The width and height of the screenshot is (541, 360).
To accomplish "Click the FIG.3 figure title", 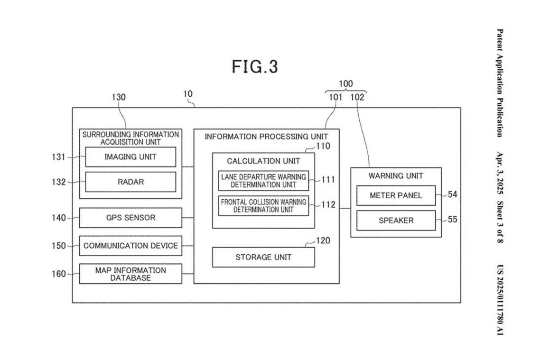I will coord(255,66).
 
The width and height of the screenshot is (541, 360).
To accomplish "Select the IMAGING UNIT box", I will coord(131,157).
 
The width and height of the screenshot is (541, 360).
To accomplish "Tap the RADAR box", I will coord(131,182).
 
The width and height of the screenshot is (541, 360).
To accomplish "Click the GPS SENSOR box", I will coord(131,218).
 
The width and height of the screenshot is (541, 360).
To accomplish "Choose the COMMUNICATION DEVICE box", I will coord(131,246).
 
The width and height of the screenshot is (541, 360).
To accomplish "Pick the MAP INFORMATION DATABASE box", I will coord(131,274).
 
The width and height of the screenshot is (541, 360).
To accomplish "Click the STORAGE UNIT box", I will coord(263,257).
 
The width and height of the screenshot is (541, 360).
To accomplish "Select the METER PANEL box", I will coord(396,195).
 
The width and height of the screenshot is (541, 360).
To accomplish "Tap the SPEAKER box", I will coord(396,221).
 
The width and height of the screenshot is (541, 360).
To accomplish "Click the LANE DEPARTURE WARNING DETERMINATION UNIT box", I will coord(263,181).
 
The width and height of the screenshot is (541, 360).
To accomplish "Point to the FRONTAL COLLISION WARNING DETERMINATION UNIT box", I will coord(263,205).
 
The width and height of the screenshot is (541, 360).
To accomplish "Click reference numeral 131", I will coord(59,157).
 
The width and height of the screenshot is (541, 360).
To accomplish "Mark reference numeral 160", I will coord(59,274).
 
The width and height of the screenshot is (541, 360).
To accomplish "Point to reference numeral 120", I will coord(323,240).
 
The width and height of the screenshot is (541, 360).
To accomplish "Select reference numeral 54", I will coord(452,195).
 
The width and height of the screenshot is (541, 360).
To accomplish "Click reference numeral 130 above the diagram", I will coord(119,97).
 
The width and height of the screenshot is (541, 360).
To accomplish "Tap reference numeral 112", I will coord(328,205).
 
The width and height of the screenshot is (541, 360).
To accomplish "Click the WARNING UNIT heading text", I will coord(396,176).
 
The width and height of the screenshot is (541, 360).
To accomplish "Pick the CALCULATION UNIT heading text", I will coord(263,161).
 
